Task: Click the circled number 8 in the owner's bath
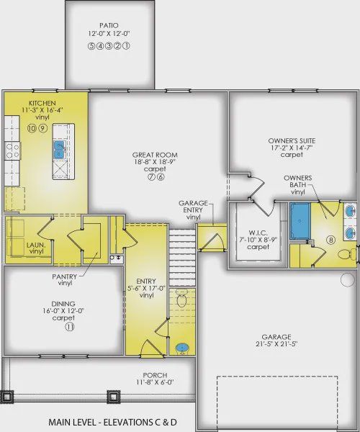coord(330,240)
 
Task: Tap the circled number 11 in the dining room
coord(70,327)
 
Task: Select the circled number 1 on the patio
coord(126,46)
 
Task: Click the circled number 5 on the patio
coord(91,46)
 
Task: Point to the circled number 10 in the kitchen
coord(32,128)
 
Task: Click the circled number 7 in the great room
coord(151,176)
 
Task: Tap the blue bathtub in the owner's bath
coord(300,221)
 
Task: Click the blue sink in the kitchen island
coord(59,150)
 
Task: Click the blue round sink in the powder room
coord(181,348)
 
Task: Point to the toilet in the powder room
coord(181,298)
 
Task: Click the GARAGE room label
coord(276,337)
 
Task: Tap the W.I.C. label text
coord(258,233)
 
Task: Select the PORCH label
coord(155,375)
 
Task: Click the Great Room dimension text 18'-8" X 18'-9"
coord(155,162)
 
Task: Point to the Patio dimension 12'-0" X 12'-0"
coord(109,33)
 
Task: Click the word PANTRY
coord(65,276)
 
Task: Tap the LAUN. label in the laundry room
coord(36,245)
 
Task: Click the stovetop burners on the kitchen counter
coord(12,150)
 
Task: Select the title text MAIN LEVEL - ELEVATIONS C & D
coord(112,422)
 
